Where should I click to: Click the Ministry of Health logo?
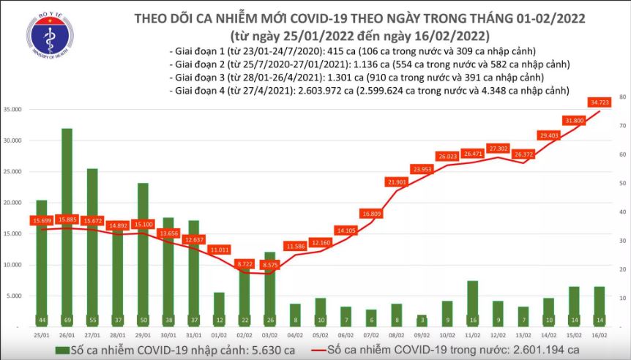tap(49, 40)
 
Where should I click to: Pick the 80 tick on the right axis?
tap(621, 97)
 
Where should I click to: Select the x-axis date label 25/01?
tap(42, 333)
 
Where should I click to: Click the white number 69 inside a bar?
tap(67, 320)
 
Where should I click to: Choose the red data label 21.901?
tap(397, 181)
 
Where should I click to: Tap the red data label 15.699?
tap(41, 220)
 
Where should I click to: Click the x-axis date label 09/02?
tap(422, 333)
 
